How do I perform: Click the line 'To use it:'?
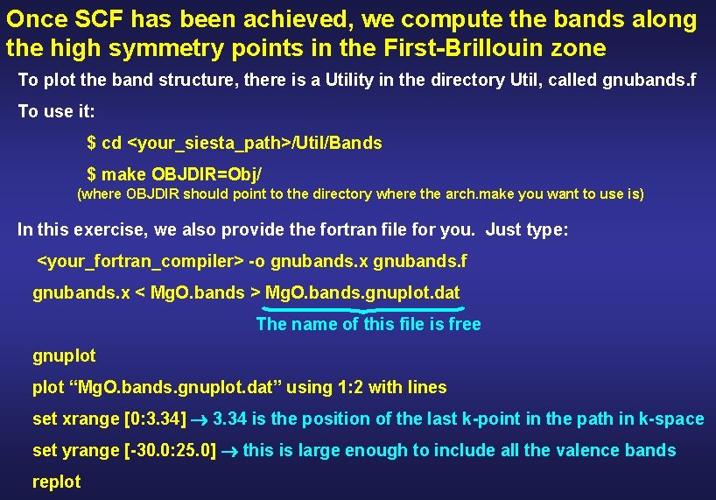click(x=57, y=112)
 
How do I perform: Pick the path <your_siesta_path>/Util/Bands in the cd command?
click(x=255, y=143)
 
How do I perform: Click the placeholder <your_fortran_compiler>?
click(x=140, y=261)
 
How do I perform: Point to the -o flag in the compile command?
click(x=257, y=261)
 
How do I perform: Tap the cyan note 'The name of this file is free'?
click(x=369, y=325)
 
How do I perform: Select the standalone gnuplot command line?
click(x=64, y=356)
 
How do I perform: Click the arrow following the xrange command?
click(x=200, y=419)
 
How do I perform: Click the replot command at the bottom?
click(x=56, y=482)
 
